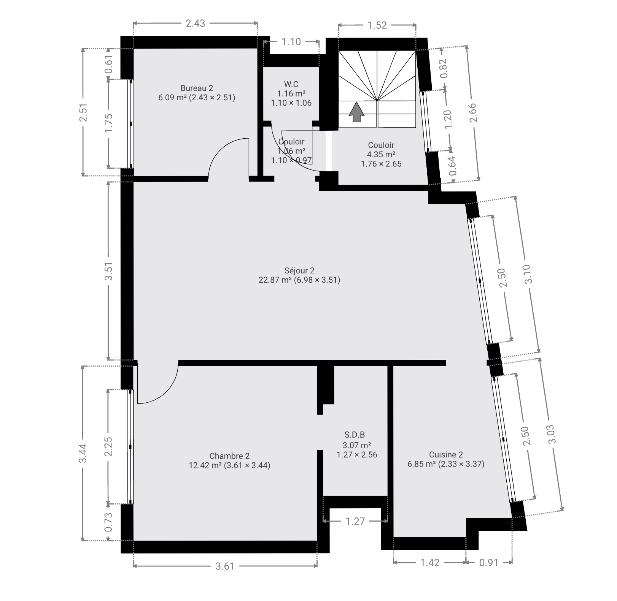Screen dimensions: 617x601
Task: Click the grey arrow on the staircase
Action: click(x=356, y=112)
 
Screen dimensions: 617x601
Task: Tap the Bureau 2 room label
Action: click(x=197, y=89)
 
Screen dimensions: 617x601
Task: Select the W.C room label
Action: click(x=291, y=84)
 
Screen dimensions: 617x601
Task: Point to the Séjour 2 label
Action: click(x=299, y=270)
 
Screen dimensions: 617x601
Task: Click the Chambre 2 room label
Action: click(x=229, y=456)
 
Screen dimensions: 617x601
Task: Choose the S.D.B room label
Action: click(x=355, y=435)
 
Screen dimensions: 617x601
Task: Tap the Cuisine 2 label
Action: click(x=446, y=454)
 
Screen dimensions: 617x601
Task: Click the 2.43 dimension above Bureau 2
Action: click(x=195, y=24)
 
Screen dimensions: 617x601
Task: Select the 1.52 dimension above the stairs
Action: click(x=377, y=25)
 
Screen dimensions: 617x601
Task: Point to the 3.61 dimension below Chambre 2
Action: click(x=225, y=566)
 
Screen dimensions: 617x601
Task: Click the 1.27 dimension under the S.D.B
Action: click(x=355, y=521)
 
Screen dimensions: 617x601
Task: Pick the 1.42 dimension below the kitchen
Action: click(x=430, y=563)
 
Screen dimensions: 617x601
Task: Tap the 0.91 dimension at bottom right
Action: click(x=489, y=563)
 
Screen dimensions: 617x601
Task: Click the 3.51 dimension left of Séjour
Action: click(x=109, y=271)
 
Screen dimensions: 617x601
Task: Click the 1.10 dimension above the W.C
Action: click(x=291, y=42)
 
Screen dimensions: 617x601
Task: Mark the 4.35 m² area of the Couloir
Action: click(x=381, y=155)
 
